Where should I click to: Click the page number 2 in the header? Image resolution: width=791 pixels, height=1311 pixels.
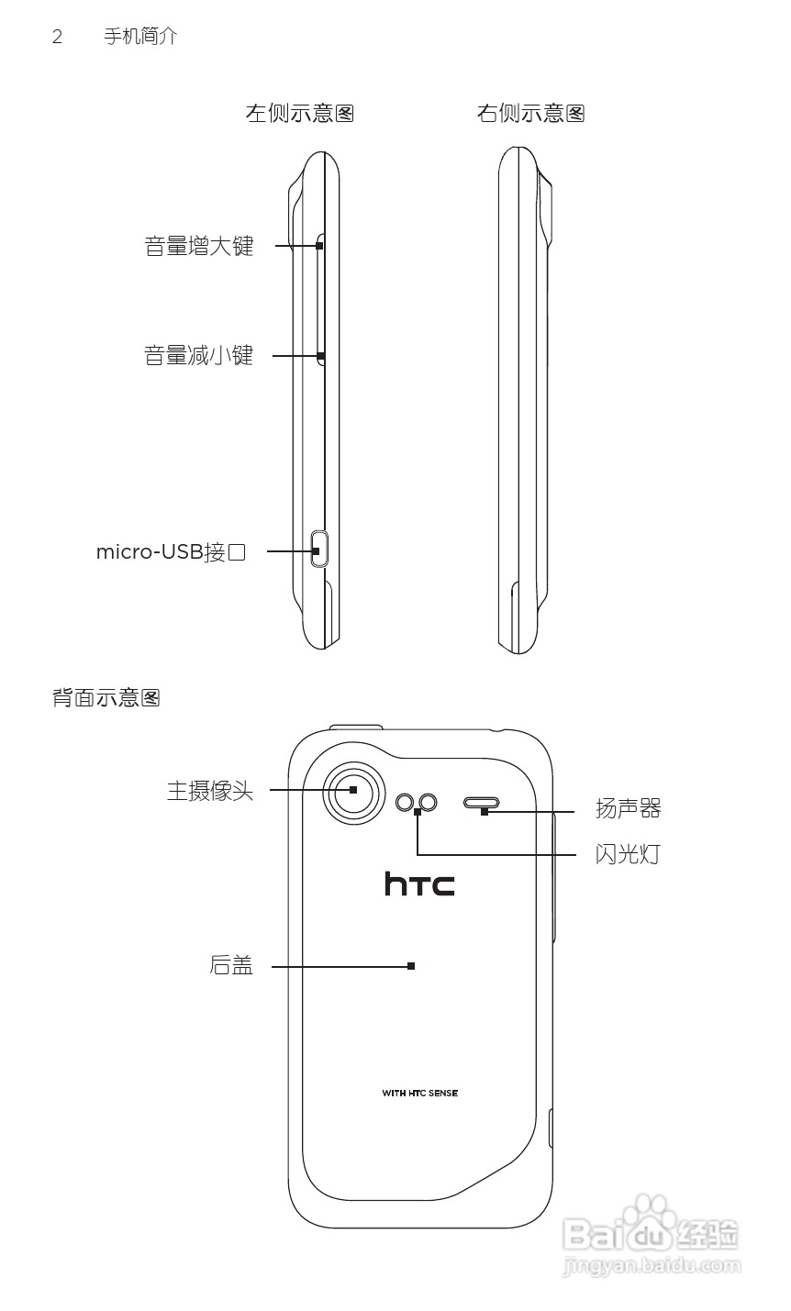[57, 38]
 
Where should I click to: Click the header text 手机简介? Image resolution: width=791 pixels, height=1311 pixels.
[140, 37]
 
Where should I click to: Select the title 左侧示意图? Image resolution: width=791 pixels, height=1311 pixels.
[299, 113]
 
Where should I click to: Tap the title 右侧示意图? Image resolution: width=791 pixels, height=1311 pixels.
[530, 113]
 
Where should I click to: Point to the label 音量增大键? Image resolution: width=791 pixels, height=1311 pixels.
[198, 246]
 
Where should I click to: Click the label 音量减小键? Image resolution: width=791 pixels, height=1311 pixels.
[198, 355]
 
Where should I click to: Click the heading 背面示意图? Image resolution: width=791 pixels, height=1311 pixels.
[106, 698]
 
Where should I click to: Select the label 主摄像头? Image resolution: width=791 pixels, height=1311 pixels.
[209, 790]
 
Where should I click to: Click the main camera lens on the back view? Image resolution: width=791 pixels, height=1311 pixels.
[353, 791]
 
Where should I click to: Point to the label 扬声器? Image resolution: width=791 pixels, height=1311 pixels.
[628, 808]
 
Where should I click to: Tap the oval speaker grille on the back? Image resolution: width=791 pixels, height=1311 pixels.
[483, 803]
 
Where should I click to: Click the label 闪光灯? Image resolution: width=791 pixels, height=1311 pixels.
[628, 855]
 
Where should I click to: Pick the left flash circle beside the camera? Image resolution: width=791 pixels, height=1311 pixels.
[406, 803]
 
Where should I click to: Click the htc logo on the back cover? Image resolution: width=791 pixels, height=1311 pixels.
[419, 883]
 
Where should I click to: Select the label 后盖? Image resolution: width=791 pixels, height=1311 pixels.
[231, 965]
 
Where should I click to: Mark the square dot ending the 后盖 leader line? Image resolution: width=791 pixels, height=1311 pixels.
[411, 965]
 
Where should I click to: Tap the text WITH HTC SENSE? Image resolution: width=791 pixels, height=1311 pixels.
[419, 1093]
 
